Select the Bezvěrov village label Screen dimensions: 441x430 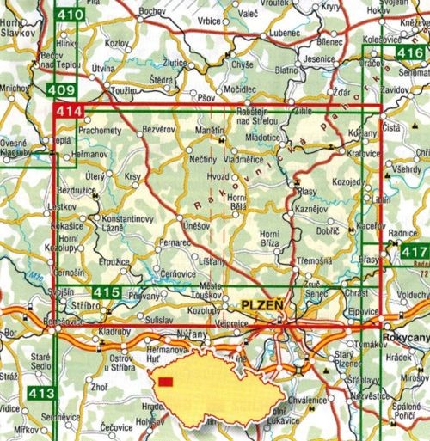[157, 127]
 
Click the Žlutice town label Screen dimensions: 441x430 [177, 63]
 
